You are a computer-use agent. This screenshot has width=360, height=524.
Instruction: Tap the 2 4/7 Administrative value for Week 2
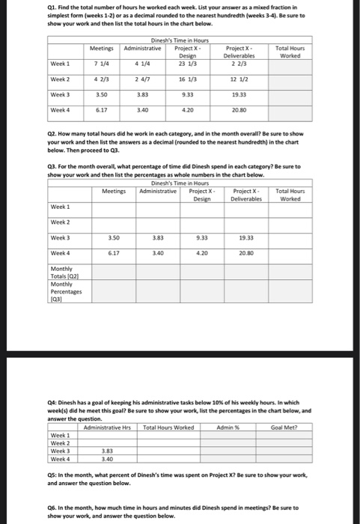coord(144,79)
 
